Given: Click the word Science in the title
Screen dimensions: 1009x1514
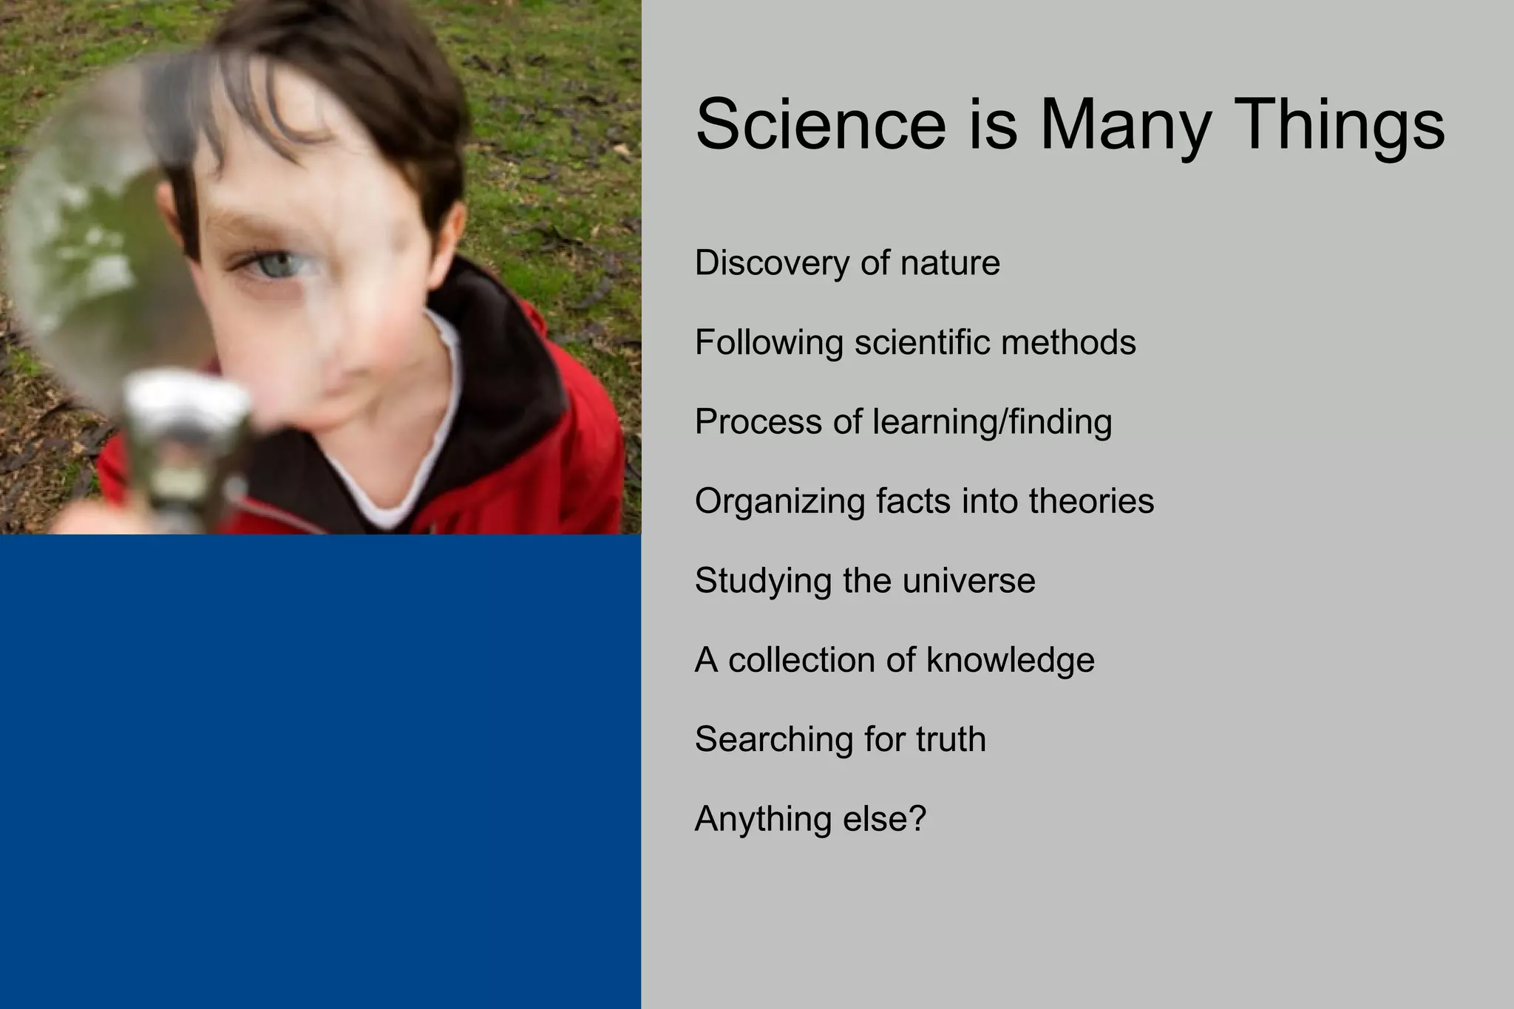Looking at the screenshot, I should pos(821,124).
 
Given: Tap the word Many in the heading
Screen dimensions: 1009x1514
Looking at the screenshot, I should pos(1124,124).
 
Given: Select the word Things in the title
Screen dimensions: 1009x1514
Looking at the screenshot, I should pos(1339,124).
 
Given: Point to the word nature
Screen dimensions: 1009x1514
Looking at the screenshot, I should pos(951,263).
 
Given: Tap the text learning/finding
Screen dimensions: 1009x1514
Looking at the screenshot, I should pos(992,422).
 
